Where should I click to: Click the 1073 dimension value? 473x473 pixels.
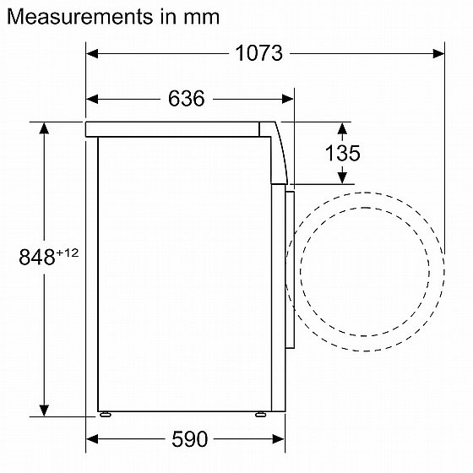click(x=258, y=53)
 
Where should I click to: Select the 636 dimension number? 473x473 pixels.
click(x=186, y=98)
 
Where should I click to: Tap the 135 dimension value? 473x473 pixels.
click(x=342, y=153)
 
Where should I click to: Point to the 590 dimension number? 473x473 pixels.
click(x=189, y=439)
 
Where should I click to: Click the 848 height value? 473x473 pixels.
click(x=37, y=257)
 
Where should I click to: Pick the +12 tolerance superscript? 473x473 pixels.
click(x=68, y=253)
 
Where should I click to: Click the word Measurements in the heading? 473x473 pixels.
click(x=79, y=17)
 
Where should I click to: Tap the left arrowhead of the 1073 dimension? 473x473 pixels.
click(x=92, y=54)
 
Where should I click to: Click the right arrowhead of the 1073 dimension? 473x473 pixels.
click(x=438, y=54)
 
